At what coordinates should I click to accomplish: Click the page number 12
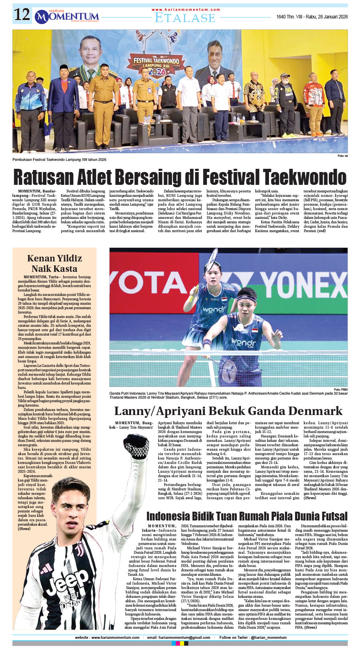[22, 15]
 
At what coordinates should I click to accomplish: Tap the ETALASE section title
[185, 18]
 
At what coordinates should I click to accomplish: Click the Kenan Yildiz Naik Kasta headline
[55, 263]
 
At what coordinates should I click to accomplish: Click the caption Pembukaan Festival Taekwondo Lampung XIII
[59, 160]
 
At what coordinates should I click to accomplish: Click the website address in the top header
[186, 10]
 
